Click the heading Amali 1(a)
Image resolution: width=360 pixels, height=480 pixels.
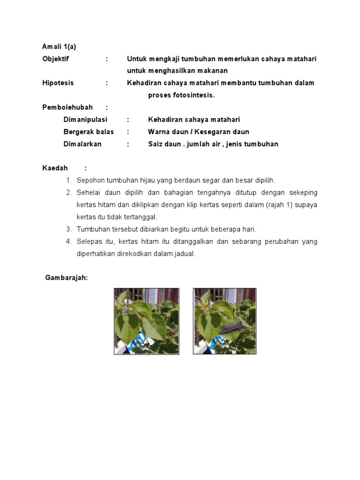(59, 46)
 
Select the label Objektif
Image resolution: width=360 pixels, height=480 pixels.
(55, 59)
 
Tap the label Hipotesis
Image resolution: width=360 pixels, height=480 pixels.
(58, 83)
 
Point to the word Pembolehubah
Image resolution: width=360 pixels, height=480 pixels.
(67, 107)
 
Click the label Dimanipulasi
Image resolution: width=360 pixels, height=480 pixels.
(85, 120)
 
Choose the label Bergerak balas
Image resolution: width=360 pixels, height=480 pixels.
(89, 132)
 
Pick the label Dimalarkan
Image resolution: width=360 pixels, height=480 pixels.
(82, 144)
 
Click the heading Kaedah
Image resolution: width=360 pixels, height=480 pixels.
(55, 168)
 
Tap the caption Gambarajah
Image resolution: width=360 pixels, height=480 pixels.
(66, 278)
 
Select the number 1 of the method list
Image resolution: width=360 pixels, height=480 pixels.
(68, 180)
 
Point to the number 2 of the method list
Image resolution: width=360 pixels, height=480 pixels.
(68, 193)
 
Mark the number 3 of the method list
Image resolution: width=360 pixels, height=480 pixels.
(68, 229)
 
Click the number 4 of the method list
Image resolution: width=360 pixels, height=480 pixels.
(68, 241)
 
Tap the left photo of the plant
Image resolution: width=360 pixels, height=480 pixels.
(147, 321)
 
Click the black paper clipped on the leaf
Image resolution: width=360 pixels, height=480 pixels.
(232, 325)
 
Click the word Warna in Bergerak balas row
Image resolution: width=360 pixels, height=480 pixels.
(158, 132)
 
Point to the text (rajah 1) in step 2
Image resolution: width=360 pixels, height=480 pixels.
(268, 205)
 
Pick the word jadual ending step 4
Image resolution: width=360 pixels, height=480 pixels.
(184, 254)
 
